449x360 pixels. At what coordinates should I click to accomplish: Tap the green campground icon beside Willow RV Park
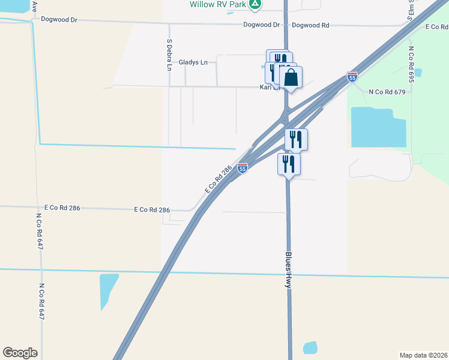click(256, 4)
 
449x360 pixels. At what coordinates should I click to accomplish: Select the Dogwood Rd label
click(310, 25)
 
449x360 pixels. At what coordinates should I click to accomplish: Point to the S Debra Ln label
click(169, 55)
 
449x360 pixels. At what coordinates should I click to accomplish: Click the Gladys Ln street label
click(193, 62)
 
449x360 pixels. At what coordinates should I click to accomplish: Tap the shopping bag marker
click(291, 77)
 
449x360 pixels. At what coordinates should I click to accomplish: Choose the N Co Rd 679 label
click(387, 92)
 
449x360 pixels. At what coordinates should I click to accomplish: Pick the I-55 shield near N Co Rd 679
click(352, 77)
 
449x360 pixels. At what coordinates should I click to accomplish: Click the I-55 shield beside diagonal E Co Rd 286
click(243, 169)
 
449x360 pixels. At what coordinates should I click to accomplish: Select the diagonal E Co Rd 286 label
click(218, 179)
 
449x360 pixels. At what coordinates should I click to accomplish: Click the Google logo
click(20, 353)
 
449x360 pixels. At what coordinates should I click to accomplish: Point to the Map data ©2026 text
click(424, 355)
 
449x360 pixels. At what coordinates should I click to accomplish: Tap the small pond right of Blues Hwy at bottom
click(310, 347)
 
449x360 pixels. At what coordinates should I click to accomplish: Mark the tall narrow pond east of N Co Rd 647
click(109, 292)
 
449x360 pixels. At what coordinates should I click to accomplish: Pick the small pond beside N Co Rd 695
click(418, 73)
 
